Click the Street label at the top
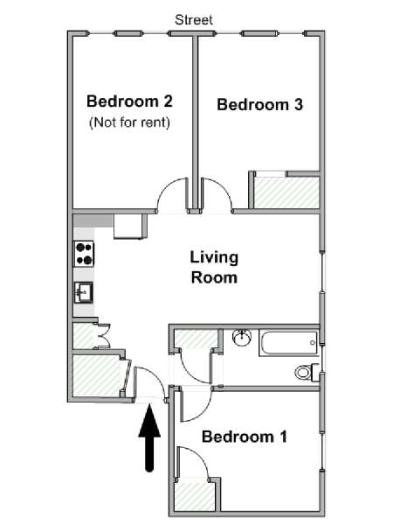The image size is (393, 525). (x=194, y=20)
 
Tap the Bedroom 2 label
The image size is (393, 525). (x=129, y=101)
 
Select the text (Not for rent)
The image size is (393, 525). (x=129, y=122)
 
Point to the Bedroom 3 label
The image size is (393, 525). (x=260, y=104)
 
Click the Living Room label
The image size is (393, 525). (x=214, y=267)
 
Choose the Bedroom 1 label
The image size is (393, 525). (x=245, y=437)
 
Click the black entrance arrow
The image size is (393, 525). (x=149, y=438)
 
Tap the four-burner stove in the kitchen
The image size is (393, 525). (x=84, y=254)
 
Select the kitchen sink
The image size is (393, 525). (x=84, y=292)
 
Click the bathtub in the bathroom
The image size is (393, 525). (x=288, y=343)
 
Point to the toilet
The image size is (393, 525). (x=307, y=372)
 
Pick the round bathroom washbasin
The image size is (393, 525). (x=242, y=338)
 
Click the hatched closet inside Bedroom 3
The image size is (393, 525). (x=286, y=192)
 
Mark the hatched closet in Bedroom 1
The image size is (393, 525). (x=195, y=496)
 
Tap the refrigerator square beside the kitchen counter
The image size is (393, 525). (x=128, y=227)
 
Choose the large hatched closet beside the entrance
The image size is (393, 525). (x=97, y=375)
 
